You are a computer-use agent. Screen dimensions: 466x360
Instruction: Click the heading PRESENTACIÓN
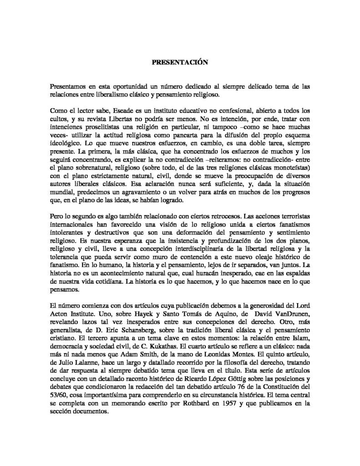(x=180, y=64)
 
